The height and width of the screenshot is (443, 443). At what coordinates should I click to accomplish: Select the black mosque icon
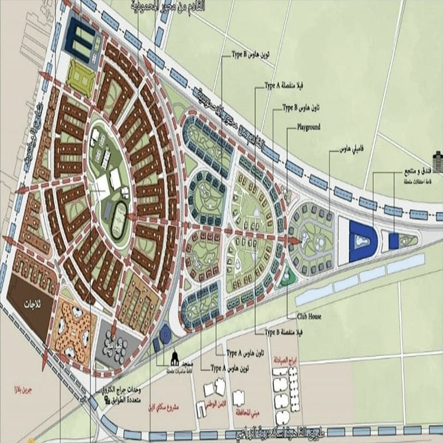pos(175,357)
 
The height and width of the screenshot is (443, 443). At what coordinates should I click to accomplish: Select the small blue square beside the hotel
pos(394,240)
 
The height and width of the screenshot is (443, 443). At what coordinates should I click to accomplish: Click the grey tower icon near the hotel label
pos(438,160)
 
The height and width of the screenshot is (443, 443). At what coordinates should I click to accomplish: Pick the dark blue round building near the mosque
pos(166,334)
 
